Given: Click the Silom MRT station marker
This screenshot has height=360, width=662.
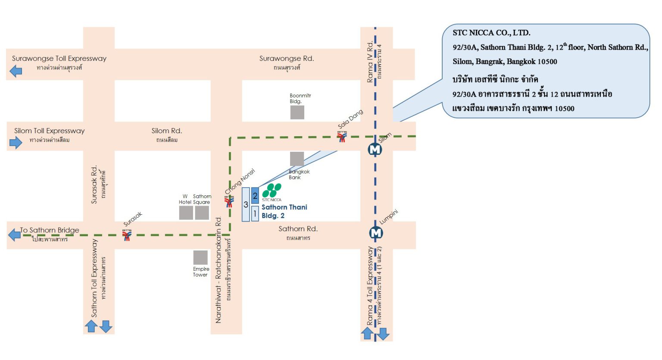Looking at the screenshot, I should [x=375, y=150].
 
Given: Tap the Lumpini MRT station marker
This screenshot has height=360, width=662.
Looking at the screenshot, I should [x=376, y=233].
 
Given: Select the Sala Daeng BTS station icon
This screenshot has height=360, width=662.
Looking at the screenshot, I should [x=342, y=137].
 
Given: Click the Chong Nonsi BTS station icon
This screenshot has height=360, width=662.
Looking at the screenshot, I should [x=229, y=201].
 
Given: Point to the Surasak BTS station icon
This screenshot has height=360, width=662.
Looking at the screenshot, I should [x=127, y=235].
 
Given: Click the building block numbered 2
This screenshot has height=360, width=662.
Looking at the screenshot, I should [x=255, y=196].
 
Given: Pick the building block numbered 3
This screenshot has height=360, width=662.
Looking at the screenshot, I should [x=246, y=204].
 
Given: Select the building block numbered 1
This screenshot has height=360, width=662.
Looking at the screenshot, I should [x=255, y=213].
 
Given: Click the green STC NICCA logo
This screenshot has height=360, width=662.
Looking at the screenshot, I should [x=272, y=190].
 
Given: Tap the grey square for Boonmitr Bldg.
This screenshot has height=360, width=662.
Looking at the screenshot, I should [x=297, y=113].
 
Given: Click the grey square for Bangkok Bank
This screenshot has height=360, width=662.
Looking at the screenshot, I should [x=297, y=159].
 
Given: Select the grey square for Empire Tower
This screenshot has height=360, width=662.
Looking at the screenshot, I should [x=200, y=257].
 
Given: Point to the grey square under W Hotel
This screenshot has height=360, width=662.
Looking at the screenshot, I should [x=186, y=213].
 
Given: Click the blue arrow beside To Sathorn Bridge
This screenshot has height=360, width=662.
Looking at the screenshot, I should [x=15, y=235].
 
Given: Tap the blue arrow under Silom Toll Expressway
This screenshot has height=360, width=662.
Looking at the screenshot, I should [x=16, y=142].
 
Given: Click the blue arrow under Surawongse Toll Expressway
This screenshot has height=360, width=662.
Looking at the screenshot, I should [x=16, y=71].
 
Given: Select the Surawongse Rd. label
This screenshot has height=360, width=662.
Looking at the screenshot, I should [x=287, y=59].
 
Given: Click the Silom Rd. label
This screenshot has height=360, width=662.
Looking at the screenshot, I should [x=167, y=131].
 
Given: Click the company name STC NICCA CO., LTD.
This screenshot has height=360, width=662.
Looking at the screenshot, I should [x=491, y=33].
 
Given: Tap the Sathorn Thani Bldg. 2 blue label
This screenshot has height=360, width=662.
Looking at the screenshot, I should [x=284, y=211].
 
